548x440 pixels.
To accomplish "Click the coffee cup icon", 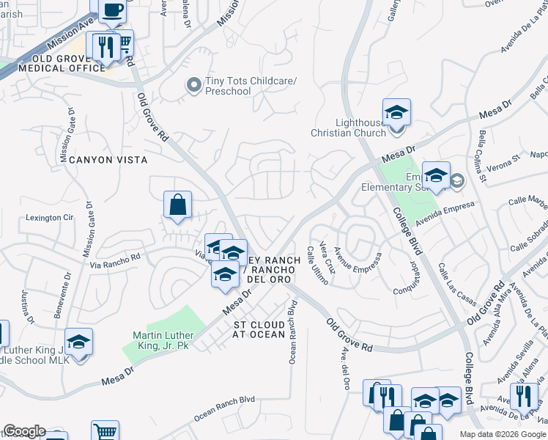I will (112, 10).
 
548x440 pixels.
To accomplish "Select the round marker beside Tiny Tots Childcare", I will (193, 86).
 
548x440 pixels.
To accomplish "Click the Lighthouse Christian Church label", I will (349, 128).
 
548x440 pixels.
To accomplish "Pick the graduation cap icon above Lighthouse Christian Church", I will (396, 112).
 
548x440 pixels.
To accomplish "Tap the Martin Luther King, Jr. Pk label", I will (162, 340).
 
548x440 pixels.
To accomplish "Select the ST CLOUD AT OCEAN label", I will (259, 329).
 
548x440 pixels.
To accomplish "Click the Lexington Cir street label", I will (51, 218).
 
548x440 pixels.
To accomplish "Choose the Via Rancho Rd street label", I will (115, 260).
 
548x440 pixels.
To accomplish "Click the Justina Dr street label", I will (29, 307).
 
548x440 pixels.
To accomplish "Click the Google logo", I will (24, 431).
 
